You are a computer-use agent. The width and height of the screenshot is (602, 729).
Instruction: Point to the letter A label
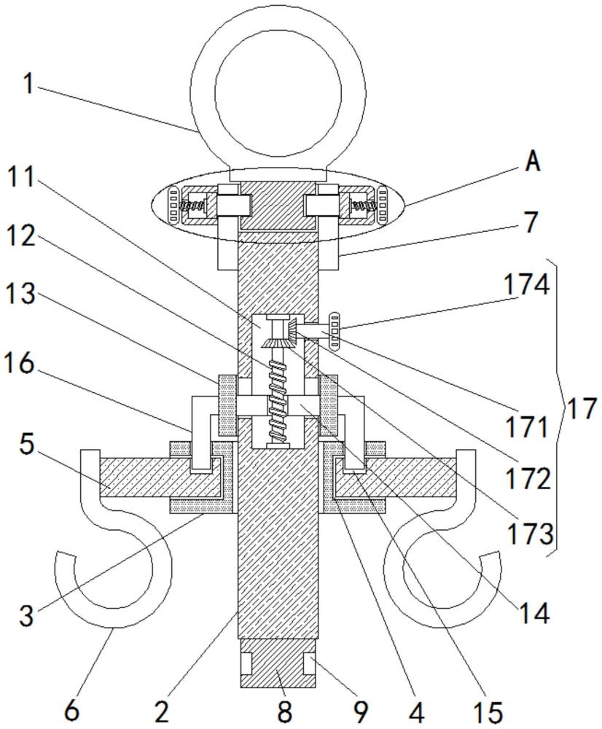(x=533, y=162)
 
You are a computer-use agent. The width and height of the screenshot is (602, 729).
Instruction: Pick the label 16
(x=21, y=364)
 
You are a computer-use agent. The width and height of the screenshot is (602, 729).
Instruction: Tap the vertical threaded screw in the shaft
(x=278, y=394)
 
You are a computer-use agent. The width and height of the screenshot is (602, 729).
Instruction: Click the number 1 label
(x=27, y=85)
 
